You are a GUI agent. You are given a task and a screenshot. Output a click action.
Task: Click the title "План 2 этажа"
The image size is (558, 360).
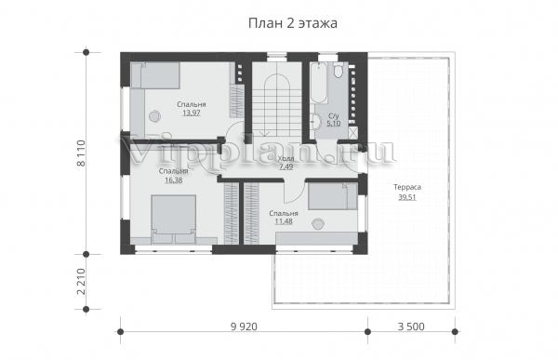(x=293, y=23)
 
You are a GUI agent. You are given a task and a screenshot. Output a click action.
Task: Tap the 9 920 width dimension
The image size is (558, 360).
(x=244, y=327)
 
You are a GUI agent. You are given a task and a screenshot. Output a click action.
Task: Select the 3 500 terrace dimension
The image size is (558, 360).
(x=411, y=327)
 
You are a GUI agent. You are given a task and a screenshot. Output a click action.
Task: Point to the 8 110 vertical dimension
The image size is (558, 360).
(x=81, y=153)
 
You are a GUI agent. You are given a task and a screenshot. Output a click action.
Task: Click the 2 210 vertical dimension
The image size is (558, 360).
(x=81, y=282)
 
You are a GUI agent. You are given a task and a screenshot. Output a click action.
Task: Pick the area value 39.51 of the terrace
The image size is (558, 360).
(x=407, y=197)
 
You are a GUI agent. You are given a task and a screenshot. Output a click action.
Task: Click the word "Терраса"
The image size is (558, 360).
(x=407, y=187)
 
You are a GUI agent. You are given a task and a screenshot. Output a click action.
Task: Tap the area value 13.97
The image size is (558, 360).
(x=192, y=113)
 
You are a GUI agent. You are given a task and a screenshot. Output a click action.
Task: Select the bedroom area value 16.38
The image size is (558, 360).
(x=174, y=180)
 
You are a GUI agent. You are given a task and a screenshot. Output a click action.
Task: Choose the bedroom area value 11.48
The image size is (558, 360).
(x=284, y=221)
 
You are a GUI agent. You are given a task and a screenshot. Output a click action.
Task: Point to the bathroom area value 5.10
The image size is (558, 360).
(x=334, y=124)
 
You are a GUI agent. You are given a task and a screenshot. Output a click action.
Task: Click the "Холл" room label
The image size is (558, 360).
(x=286, y=159)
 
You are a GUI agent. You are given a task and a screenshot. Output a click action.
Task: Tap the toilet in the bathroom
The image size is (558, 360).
(x=339, y=70)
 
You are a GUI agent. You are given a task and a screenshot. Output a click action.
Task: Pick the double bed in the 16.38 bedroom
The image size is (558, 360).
(x=173, y=220)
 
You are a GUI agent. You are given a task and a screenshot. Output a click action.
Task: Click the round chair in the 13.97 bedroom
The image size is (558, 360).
(x=154, y=116)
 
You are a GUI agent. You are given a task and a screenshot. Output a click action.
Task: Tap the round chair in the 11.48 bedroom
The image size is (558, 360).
(x=317, y=223)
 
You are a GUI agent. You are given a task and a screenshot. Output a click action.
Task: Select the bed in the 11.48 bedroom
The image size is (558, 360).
(x=333, y=196)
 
